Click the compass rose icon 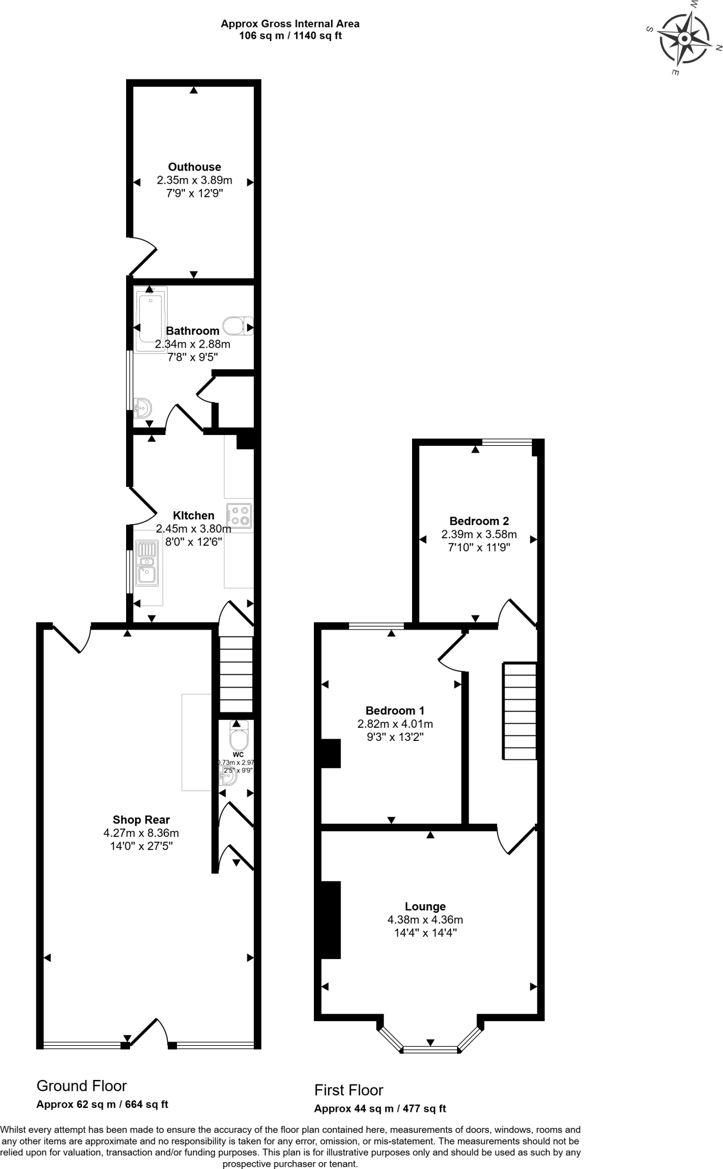684,39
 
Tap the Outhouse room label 194,167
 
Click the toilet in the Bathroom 236,326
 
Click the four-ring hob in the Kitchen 239,515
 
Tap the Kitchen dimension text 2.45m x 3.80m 193,529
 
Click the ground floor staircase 236,674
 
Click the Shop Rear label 141,820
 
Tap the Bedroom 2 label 479,521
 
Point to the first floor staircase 519,711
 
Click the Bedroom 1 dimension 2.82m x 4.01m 395,724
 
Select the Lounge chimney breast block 331,920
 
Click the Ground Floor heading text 82,1086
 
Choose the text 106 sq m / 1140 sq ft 290,36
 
